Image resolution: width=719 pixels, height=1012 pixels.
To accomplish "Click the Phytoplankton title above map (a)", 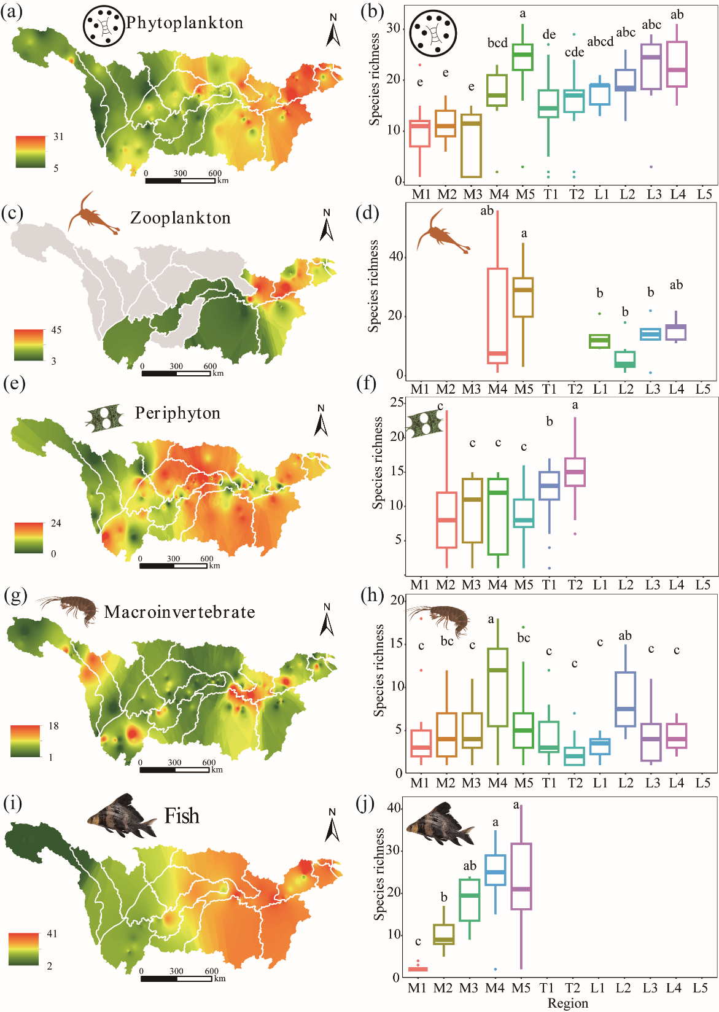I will pos(184,23).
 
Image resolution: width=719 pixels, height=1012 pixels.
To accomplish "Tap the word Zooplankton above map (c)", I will pos(180,218).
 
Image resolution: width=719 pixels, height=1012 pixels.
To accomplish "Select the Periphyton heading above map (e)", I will pos(177,413).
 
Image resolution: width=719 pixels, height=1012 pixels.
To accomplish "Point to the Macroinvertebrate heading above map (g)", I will pos(179,612).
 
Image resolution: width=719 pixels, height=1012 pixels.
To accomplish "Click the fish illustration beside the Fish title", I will pos(123,817).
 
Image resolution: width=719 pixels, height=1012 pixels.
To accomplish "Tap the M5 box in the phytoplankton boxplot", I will pos(523,57).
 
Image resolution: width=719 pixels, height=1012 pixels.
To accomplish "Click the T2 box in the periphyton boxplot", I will pos(575,472).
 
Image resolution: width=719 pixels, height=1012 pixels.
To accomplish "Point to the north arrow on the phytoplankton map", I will pos(333,31).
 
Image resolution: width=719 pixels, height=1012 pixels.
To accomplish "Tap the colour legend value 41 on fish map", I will pos(52,934).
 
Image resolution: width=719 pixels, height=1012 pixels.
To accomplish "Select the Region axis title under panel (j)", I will pos(567,1003).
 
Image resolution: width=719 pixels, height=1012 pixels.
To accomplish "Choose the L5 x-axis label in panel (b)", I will pos(704,195).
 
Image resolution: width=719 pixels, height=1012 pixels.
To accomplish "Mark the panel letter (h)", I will pos(372,596).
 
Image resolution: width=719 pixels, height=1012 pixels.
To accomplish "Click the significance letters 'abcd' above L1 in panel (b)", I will pos(600,42).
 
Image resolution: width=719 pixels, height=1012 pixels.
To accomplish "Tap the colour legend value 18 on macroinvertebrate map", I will pos(53,726).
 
